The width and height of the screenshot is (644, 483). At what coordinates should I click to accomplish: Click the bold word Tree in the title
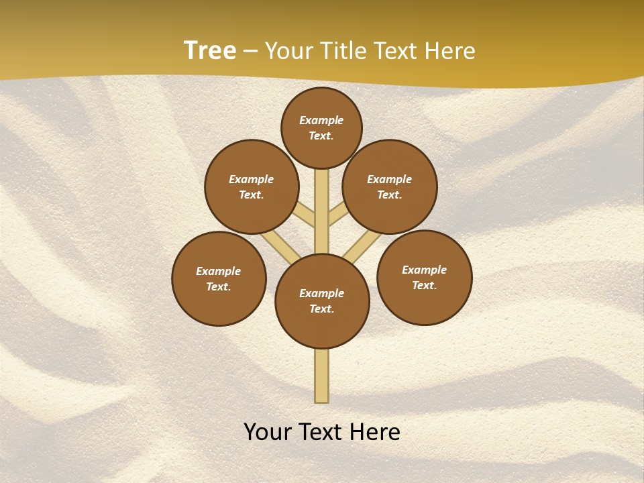[210, 50]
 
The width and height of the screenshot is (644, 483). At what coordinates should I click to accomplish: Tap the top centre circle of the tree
[321, 127]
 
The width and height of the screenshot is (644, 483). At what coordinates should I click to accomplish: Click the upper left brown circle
[252, 186]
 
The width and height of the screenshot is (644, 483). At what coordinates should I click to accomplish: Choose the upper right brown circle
[390, 186]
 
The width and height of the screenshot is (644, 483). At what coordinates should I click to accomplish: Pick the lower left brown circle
[219, 278]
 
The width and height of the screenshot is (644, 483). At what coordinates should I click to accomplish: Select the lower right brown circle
[425, 277]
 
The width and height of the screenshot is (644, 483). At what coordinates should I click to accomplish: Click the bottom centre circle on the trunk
[322, 301]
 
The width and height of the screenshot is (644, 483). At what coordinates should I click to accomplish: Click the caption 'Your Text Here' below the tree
[322, 432]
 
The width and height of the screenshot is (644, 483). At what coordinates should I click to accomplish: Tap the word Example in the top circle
[321, 120]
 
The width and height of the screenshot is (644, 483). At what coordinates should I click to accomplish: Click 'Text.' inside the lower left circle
[219, 286]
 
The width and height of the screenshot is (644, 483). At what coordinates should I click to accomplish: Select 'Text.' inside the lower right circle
[425, 285]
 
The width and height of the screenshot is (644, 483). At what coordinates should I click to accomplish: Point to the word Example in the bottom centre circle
[322, 293]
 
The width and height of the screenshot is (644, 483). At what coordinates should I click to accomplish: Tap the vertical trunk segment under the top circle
[322, 201]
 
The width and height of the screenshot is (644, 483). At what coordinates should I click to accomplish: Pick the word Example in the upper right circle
[390, 179]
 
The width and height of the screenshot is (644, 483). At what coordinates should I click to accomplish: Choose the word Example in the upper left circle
[252, 179]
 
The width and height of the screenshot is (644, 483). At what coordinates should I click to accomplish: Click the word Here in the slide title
[450, 51]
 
